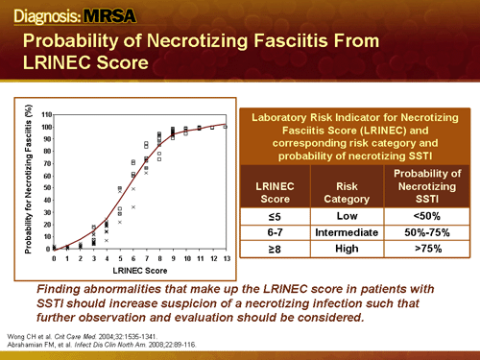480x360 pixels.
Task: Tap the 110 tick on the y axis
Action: pyautogui.click(x=46, y=102)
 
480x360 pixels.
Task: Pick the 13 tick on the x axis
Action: pyautogui.click(x=227, y=258)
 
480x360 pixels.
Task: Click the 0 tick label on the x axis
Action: pyautogui.click(x=54, y=258)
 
